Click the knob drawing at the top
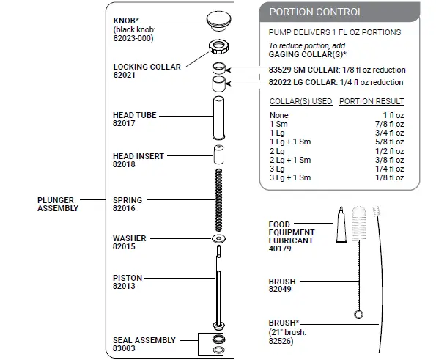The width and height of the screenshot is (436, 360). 218,19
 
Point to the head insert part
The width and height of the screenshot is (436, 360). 218,155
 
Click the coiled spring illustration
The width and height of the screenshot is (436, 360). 218,199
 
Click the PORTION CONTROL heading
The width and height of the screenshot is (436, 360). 316,12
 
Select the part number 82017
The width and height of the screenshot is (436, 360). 125,124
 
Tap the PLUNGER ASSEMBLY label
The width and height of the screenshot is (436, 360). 57,204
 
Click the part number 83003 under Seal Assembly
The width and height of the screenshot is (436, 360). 125,349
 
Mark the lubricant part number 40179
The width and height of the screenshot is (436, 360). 279,249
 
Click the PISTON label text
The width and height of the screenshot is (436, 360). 128,278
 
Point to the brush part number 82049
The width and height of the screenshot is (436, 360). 279,289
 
